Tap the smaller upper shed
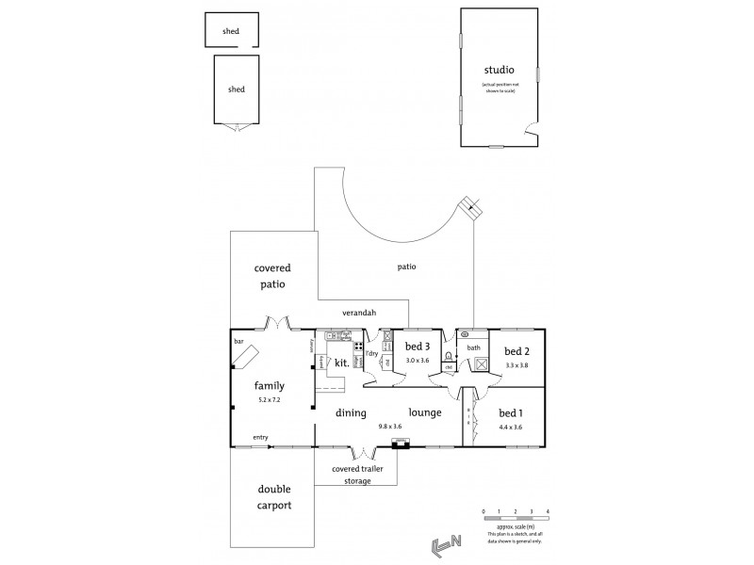[x=231, y=31]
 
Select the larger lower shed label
[x=236, y=89]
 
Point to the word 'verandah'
[x=362, y=311]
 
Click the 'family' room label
[x=270, y=385]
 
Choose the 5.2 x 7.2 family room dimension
[x=270, y=400]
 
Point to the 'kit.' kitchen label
[x=342, y=362]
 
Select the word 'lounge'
[x=424, y=412]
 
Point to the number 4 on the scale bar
[x=548, y=510]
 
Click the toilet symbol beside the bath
[x=449, y=357]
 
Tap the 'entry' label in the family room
[x=259, y=438]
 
